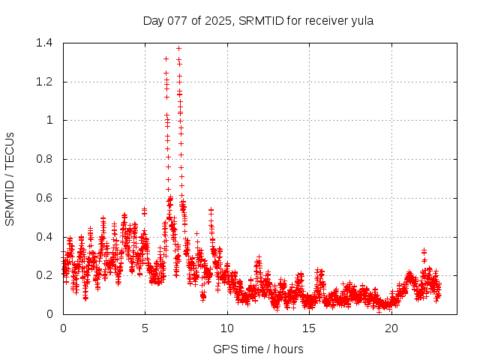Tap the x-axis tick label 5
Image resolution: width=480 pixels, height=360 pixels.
145,328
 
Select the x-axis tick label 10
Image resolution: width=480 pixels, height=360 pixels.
226,328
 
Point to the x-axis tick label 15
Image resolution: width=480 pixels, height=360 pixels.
309,328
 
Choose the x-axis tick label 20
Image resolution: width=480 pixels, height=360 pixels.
391,328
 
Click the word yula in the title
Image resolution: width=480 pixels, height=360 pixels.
361,21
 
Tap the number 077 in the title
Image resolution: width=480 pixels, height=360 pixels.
180,21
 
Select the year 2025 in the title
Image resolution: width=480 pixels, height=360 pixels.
218,21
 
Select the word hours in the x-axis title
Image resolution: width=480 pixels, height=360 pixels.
288,349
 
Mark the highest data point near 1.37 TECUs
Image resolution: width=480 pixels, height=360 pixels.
178,49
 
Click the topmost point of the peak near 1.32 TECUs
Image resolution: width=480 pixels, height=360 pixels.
166,58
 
